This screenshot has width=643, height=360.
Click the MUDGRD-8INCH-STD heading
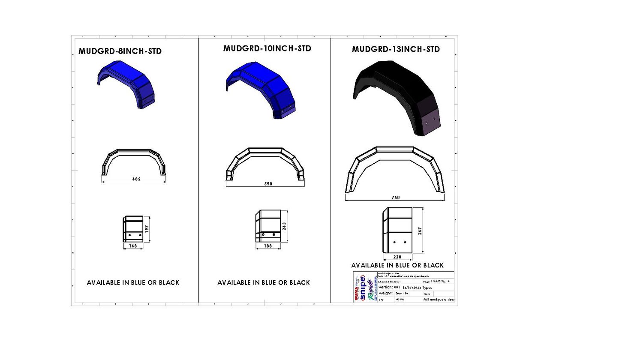[120, 51]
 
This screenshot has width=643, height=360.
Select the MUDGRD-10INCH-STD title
[267, 48]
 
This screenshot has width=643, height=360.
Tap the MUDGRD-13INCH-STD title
[396, 49]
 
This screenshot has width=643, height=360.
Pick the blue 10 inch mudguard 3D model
[261, 88]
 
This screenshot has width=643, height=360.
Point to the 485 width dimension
[136, 179]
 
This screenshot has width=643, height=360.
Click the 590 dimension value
[268, 184]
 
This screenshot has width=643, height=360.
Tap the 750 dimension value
[396, 198]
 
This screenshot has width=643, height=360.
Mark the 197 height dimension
[147, 229]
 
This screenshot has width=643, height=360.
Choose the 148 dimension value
[133, 246]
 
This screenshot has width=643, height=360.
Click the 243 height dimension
[284, 226]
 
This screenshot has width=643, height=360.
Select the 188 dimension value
[268, 246]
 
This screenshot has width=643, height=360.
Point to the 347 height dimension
[420, 231]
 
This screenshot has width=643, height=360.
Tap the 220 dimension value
[397, 257]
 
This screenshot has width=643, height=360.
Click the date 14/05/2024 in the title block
[412, 288]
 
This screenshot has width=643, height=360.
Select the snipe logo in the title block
[363, 288]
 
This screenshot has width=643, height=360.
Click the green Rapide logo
[371, 289]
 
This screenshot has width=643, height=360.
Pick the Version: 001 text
[389, 287]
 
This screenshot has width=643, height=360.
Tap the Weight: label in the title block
[386, 293]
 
